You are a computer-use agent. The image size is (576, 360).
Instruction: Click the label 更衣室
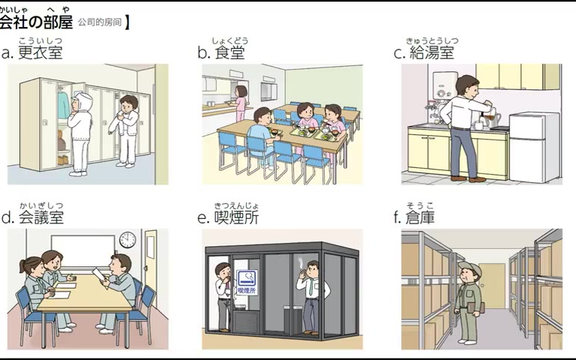(x=40, y=52)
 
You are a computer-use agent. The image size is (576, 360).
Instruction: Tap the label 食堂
(x=230, y=52)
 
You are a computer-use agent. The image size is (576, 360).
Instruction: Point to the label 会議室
(x=41, y=217)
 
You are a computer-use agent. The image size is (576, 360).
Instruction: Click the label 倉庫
(x=421, y=217)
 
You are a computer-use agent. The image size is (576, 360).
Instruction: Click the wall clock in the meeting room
(x=127, y=239)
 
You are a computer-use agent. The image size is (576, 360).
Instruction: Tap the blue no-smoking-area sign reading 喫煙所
(x=247, y=282)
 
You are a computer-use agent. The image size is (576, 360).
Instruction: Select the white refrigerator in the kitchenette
(x=534, y=147)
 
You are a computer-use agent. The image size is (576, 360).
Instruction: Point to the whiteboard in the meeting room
(x=83, y=250)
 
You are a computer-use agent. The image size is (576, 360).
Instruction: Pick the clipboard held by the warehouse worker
(x=476, y=307)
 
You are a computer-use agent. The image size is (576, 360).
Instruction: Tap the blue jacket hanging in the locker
(x=64, y=105)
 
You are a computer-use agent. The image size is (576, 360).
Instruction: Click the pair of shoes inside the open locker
(x=63, y=160)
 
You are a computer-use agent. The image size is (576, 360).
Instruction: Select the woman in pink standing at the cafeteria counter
(x=240, y=103)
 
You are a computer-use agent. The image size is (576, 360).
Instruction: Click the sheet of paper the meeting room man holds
(x=99, y=274)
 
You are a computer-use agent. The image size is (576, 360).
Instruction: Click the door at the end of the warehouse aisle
(x=492, y=286)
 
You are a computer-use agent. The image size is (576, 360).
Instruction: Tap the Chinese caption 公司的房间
(x=100, y=22)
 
